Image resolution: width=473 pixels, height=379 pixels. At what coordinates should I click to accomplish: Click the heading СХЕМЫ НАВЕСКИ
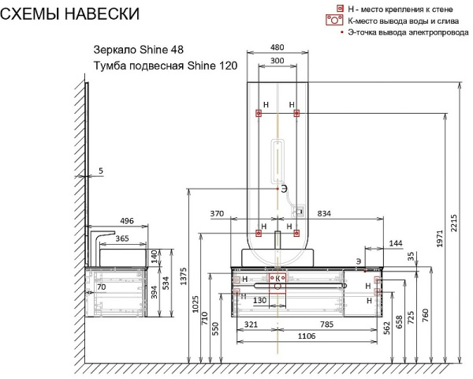[x=70, y=14]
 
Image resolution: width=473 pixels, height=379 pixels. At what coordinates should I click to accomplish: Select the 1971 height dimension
[x=440, y=246]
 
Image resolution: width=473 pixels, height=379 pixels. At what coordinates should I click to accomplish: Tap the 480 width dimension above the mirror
[x=277, y=47]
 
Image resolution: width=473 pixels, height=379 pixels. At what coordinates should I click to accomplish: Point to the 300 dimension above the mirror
[x=277, y=60]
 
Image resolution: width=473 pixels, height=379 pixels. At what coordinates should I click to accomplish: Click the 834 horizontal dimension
[x=323, y=214]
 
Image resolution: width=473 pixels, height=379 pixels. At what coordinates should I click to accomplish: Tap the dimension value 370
[x=218, y=214]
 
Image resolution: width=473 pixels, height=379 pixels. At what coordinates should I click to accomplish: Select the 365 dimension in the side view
[x=122, y=238]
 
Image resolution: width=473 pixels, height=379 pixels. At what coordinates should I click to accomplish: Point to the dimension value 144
[x=395, y=244]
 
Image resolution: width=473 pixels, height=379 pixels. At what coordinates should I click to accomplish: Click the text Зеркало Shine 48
[x=139, y=50]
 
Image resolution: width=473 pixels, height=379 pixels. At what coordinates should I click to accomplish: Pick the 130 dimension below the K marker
[x=259, y=300]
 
